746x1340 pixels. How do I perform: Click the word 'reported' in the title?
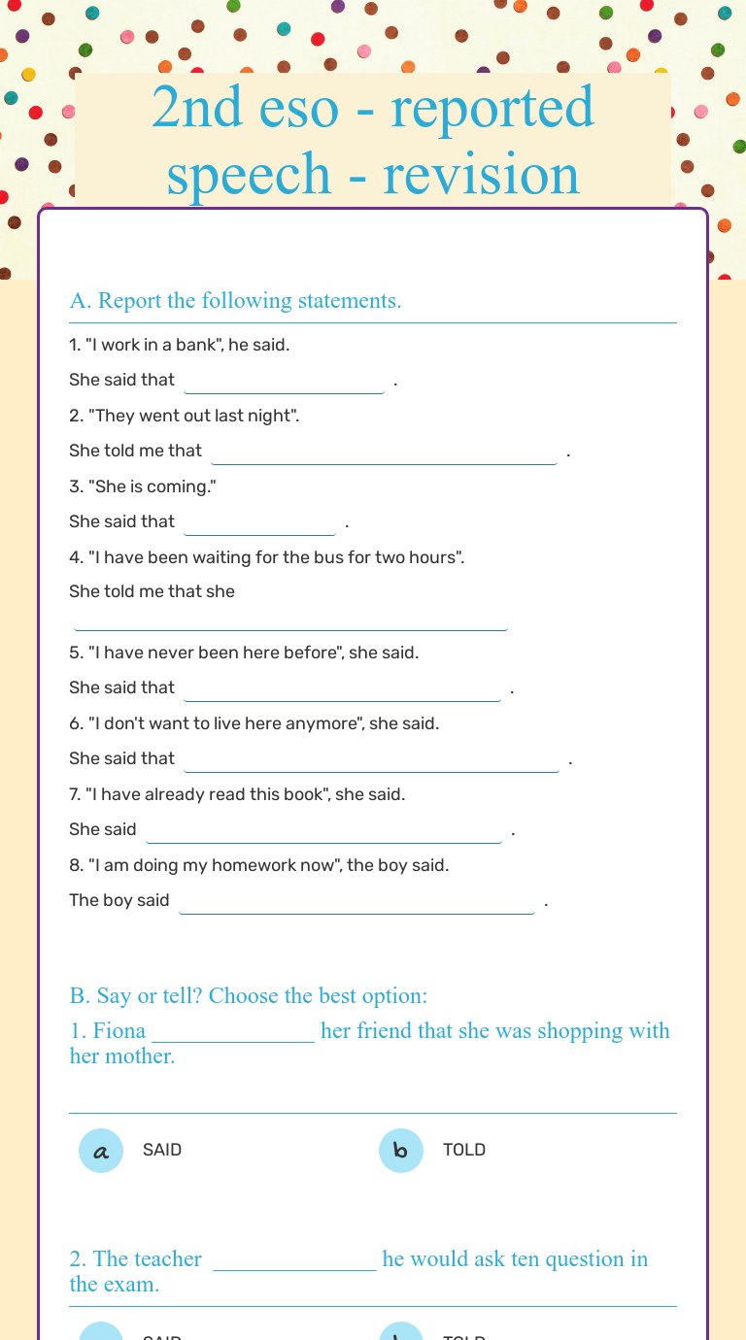(492, 109)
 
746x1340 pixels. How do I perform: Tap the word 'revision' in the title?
(482, 175)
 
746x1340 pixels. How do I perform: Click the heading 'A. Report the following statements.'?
(235, 301)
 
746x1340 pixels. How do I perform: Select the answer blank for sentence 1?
(284, 382)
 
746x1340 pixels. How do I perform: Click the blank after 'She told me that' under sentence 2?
(384, 452)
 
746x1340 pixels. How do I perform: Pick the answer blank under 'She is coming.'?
(259, 523)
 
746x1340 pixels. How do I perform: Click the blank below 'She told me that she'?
(290, 620)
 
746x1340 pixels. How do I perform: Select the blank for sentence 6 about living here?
(371, 760)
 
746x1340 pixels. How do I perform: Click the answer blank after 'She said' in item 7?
(323, 831)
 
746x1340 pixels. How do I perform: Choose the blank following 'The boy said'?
(356, 902)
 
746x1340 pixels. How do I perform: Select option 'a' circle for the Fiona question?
(101, 1151)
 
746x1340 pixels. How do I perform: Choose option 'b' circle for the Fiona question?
(401, 1151)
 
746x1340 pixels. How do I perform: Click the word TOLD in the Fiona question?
(464, 1150)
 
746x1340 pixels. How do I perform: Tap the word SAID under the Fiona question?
(162, 1150)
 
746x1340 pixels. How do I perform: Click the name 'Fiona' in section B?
(119, 1030)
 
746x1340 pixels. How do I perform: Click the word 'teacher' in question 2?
(167, 1259)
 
